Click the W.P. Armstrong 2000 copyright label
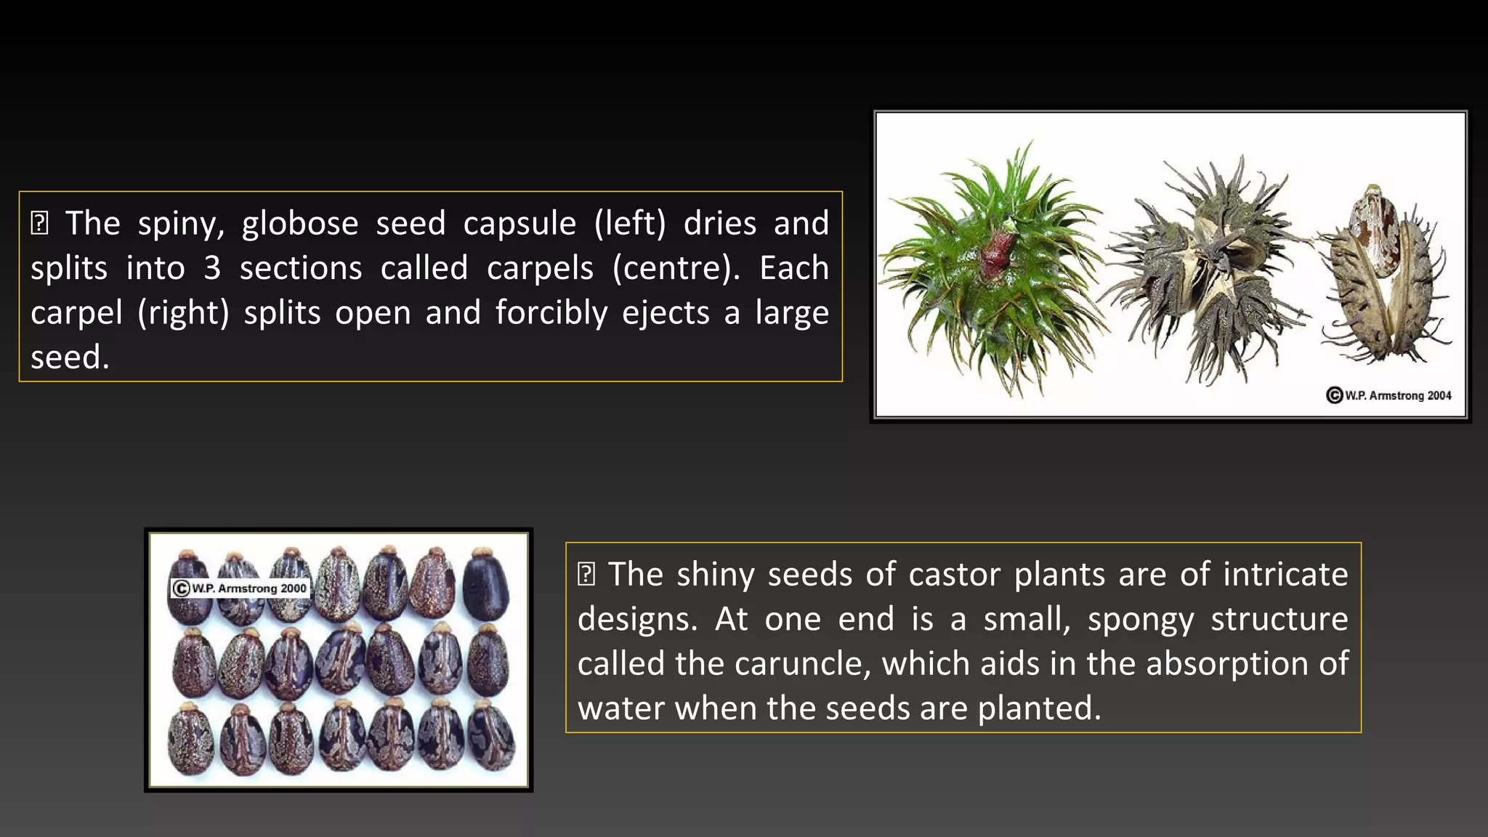[240, 588]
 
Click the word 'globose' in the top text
[300, 223]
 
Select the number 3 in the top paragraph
[211, 268]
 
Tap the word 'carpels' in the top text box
[541, 268]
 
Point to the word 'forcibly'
[551, 312]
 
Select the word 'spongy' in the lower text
[1141, 619]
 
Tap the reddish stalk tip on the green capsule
[998, 251]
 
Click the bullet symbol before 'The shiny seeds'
[586, 575]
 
